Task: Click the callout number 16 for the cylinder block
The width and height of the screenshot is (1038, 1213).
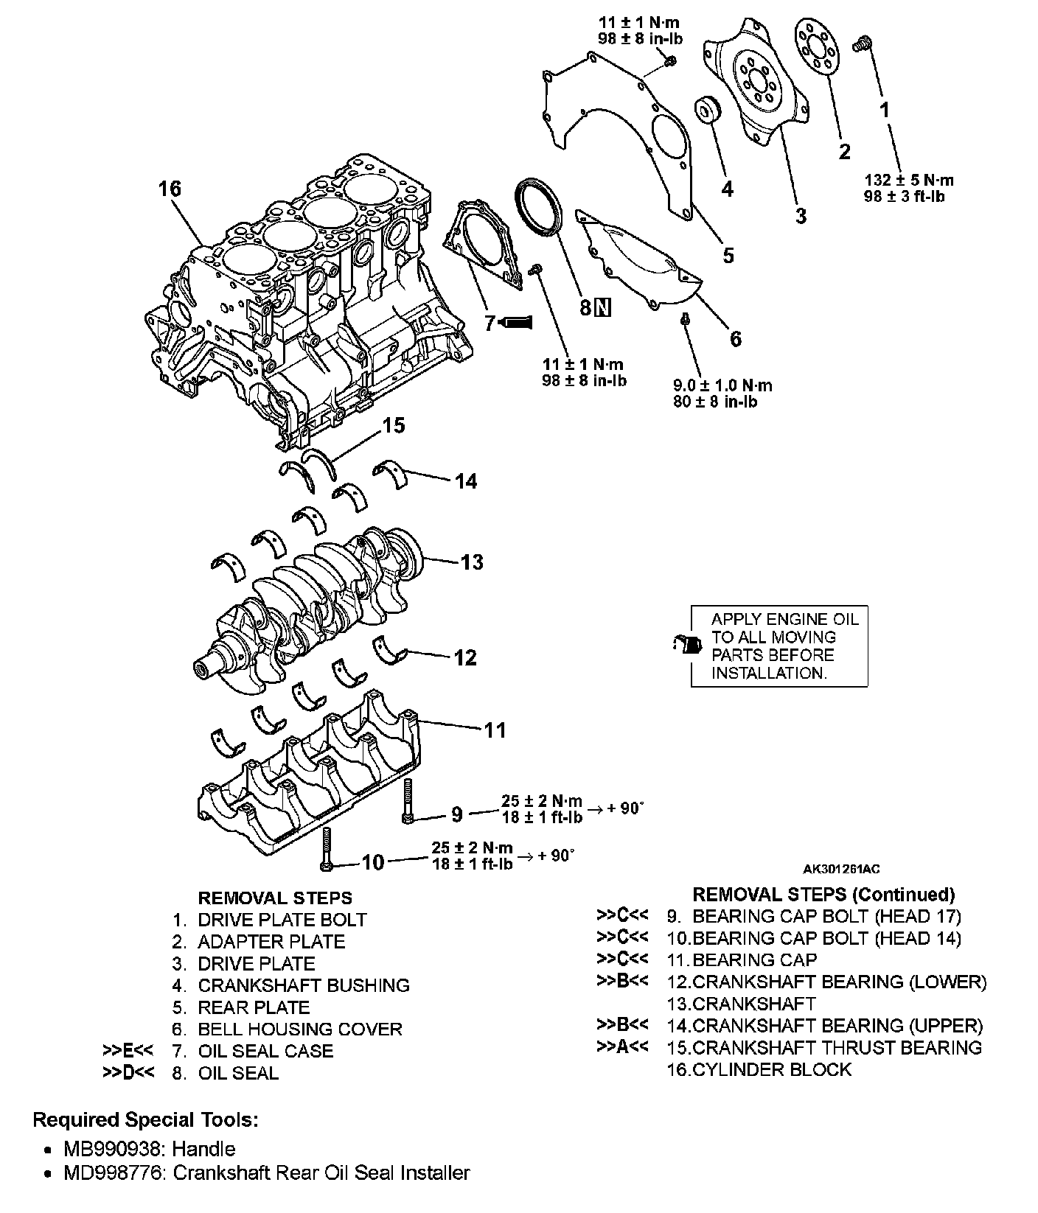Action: click(169, 189)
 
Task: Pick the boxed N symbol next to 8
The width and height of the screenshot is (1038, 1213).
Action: click(603, 307)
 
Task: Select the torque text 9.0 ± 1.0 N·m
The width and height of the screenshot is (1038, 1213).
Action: click(722, 385)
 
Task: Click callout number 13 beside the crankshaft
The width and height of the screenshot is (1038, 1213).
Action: click(471, 562)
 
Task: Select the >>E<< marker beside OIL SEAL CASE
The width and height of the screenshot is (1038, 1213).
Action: click(128, 1051)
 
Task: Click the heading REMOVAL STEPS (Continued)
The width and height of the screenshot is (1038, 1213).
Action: click(823, 894)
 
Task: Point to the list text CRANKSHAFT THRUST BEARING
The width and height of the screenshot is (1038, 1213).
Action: click(837, 1047)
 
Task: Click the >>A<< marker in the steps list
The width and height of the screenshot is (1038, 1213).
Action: click(621, 1047)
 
